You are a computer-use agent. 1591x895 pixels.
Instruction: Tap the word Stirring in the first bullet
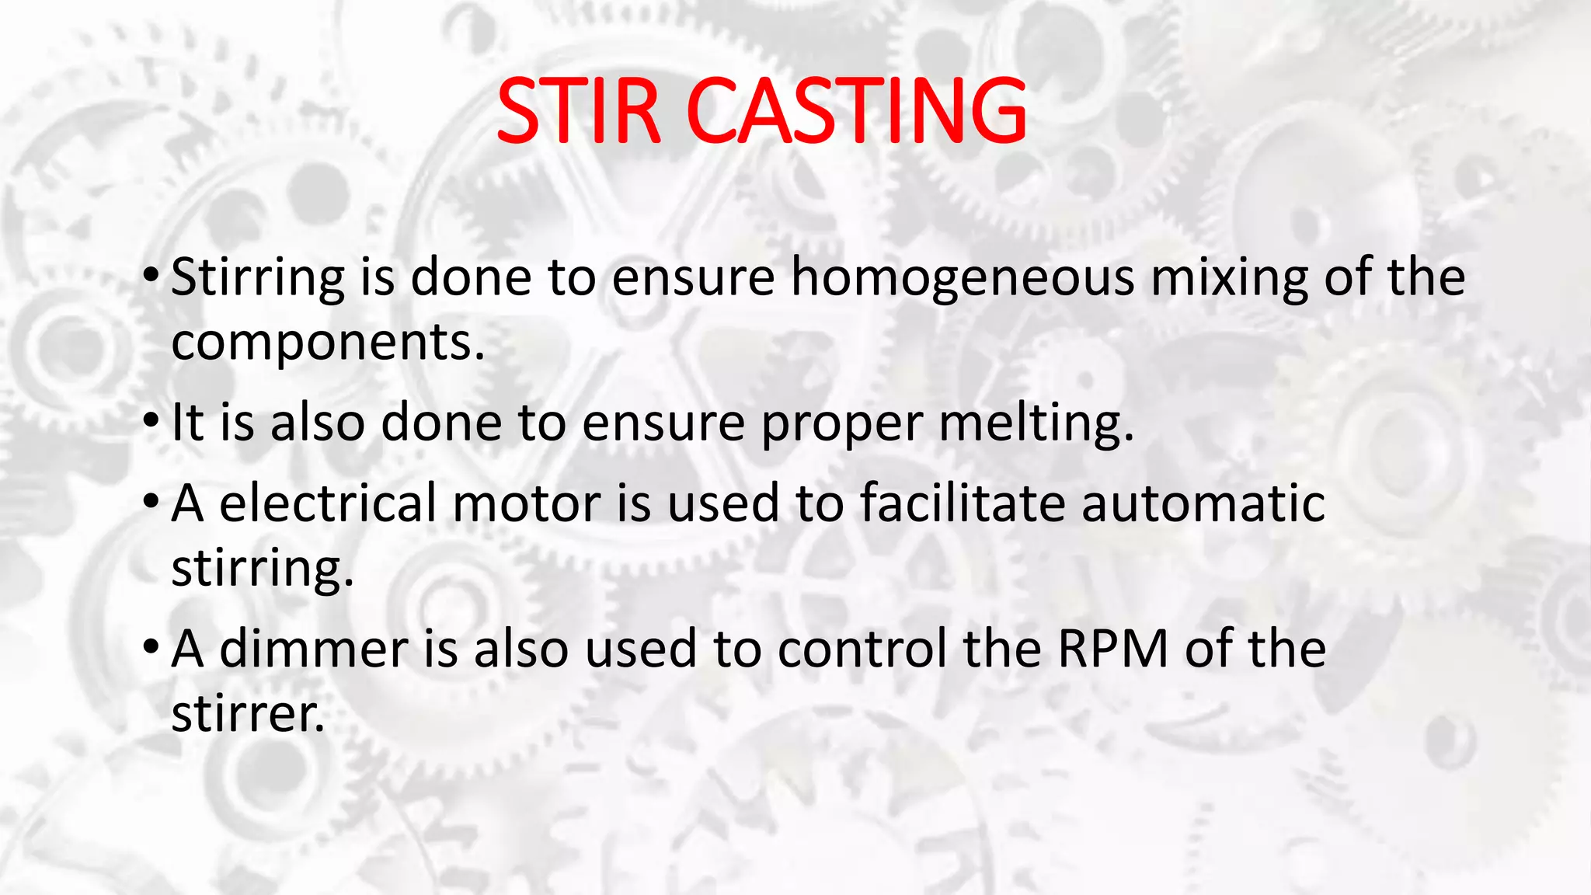coord(257,277)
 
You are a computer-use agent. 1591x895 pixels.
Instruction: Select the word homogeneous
coord(963,277)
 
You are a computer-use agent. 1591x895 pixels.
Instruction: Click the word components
coord(327,343)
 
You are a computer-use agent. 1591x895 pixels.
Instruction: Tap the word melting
coord(1036,424)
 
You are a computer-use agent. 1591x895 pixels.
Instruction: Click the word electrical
coord(329,503)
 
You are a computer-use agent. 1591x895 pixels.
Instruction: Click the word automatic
coord(1203,503)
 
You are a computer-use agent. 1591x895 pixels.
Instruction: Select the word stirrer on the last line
coord(247,713)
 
